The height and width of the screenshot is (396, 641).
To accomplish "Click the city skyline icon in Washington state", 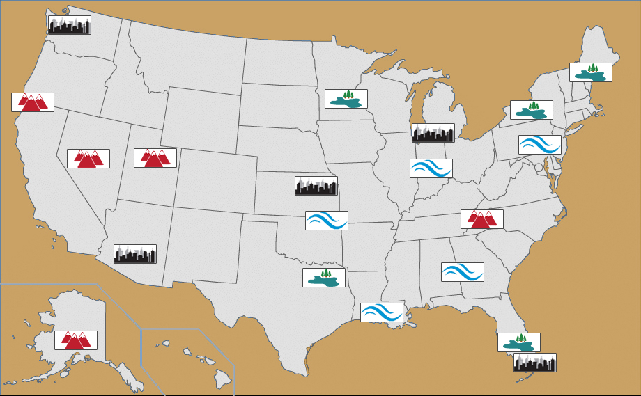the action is (69, 25).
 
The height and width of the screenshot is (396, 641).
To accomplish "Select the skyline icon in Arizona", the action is (135, 254).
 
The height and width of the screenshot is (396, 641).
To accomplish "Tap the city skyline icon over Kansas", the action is (316, 186).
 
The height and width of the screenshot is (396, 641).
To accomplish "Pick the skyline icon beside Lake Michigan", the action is (433, 133).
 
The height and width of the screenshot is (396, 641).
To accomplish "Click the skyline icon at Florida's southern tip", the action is (535, 363).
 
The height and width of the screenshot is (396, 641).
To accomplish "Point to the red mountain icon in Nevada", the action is (88, 159).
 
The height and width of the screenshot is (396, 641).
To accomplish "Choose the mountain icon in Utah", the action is (155, 158).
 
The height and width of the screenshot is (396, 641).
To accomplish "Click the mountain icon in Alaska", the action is (76, 340).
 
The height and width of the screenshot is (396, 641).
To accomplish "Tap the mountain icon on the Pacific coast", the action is (33, 102).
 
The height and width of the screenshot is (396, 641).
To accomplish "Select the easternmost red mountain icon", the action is (482, 219).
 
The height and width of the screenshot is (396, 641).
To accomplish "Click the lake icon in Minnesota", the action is (346, 99).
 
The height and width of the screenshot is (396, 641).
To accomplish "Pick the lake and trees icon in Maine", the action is (591, 72).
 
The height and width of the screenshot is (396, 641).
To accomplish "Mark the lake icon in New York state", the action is (532, 110).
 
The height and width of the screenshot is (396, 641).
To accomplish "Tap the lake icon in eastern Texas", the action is (324, 278).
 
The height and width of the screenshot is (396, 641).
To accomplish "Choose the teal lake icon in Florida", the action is (519, 342).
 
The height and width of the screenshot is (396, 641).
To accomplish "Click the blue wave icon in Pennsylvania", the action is (540, 145).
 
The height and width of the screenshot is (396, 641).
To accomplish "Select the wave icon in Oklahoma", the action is (327, 221).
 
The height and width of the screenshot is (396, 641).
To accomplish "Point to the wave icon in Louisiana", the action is (382, 312).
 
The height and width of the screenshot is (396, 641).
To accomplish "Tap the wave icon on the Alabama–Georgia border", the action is (463, 272).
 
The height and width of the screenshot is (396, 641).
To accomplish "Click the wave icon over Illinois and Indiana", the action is (431, 168).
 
